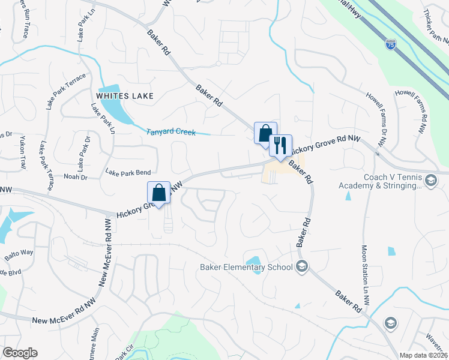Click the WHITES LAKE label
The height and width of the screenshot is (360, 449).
coord(124,96)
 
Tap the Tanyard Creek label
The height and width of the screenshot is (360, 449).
coord(171,132)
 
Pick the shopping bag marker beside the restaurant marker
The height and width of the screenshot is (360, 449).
coord(265,133)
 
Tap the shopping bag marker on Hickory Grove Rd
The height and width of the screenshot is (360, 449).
coord(159,193)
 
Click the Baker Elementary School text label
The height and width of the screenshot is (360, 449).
coord(246,267)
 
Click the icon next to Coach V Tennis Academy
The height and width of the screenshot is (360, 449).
coord(431,180)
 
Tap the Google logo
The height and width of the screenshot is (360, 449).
coord(20,353)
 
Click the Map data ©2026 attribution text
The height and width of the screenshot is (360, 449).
coord(424,355)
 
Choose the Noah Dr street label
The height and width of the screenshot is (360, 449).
coord(75,177)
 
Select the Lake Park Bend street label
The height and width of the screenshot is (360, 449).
coord(128,172)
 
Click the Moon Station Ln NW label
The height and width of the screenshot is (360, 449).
coord(364,273)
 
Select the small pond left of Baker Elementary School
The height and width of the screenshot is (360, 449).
coord(255,265)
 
